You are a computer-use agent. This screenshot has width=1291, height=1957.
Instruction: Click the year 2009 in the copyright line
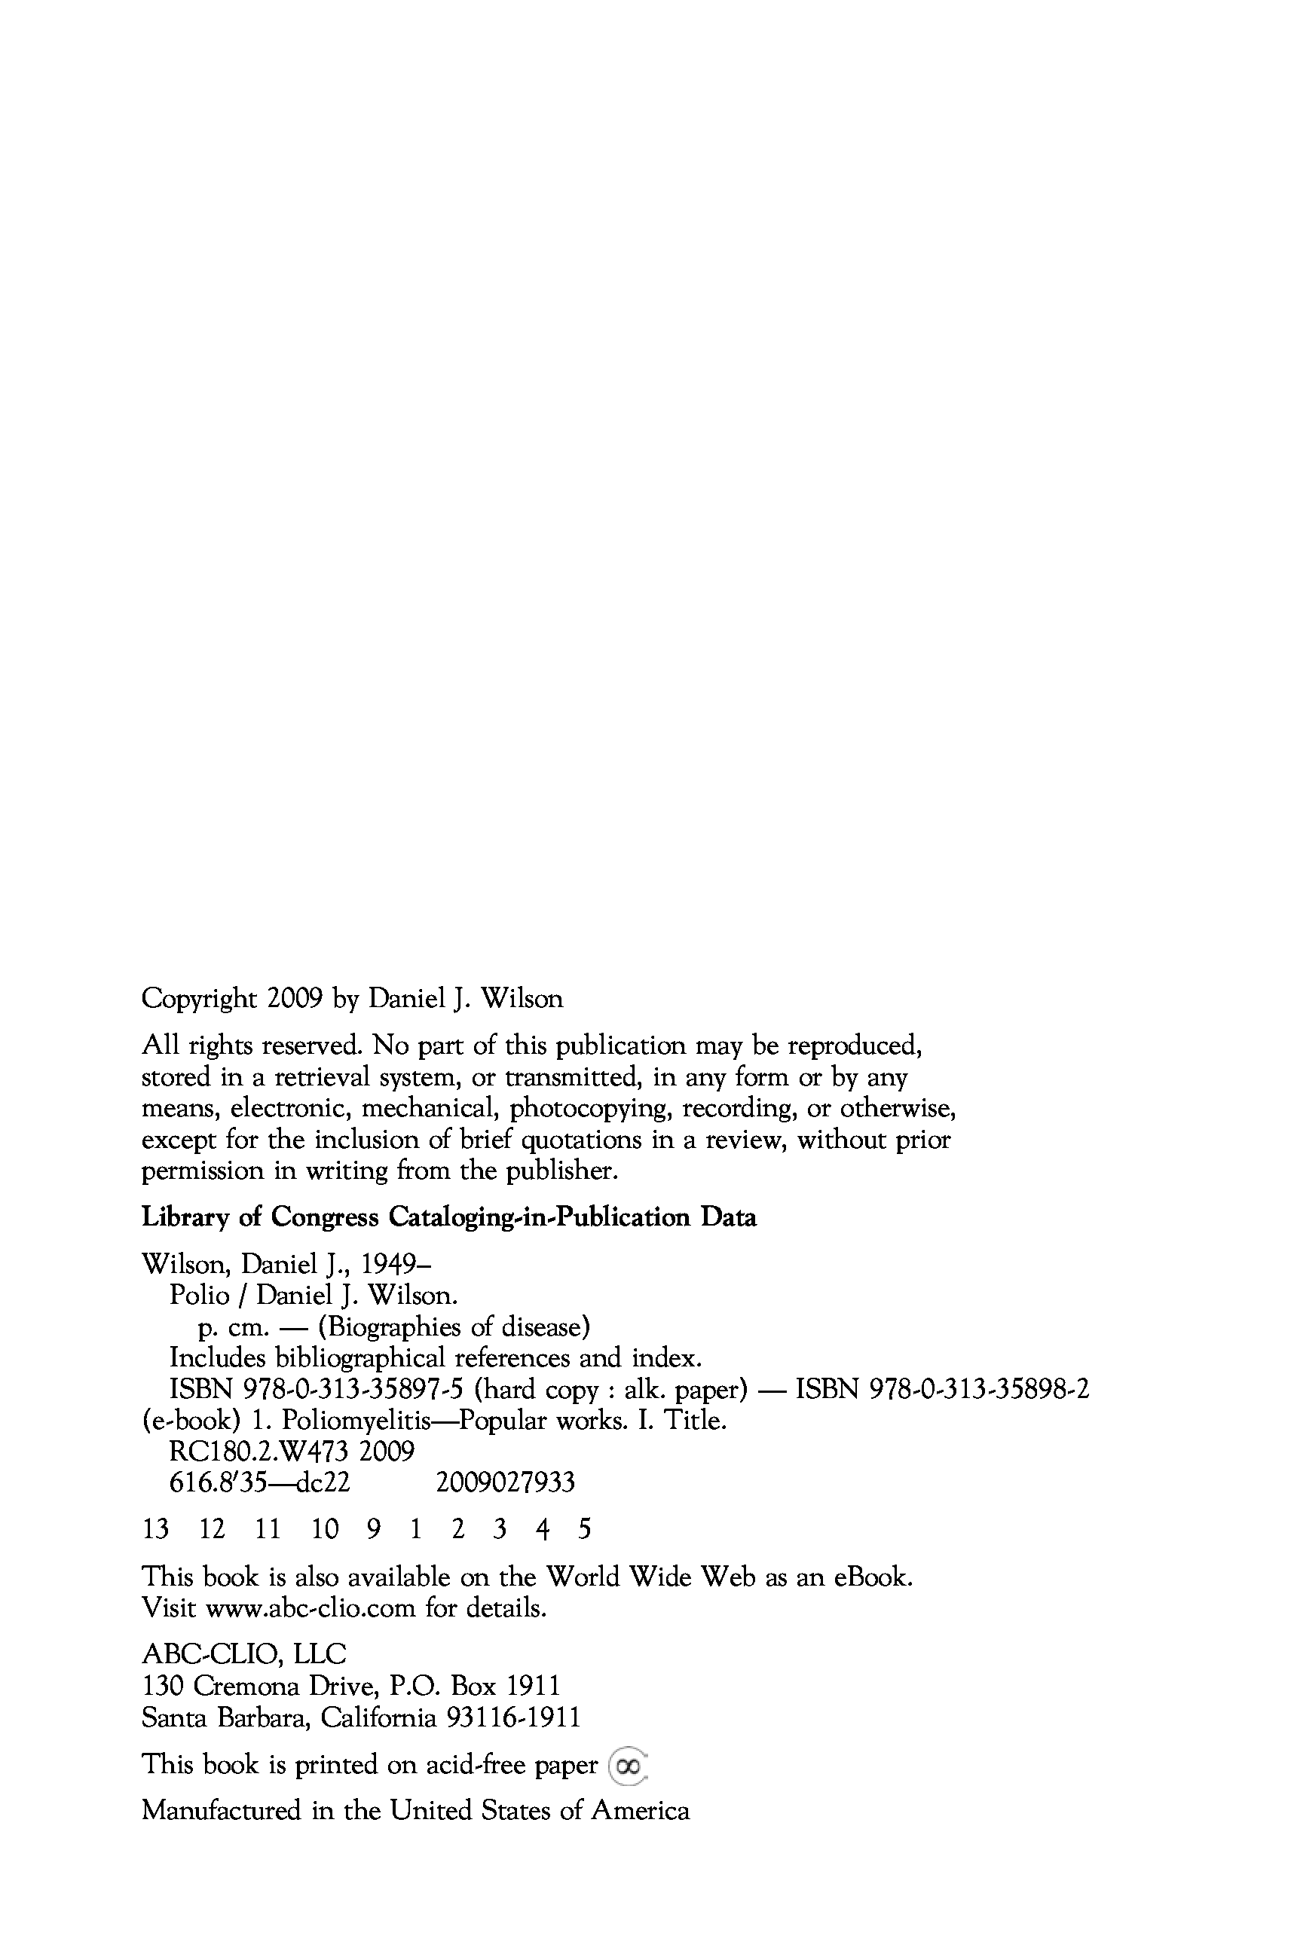(x=294, y=998)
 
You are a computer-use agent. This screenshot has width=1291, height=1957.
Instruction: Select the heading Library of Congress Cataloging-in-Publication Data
(x=448, y=1217)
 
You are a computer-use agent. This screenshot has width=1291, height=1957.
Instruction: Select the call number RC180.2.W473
(x=259, y=1452)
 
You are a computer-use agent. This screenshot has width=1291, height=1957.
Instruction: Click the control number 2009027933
(x=506, y=1483)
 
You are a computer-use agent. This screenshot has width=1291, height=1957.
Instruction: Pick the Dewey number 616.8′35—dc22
(x=260, y=1483)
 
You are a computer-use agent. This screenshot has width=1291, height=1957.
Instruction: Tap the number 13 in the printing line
(x=155, y=1530)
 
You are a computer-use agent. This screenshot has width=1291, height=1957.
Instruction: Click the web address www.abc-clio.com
(x=311, y=1608)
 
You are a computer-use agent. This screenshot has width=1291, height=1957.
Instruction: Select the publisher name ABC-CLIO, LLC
(x=244, y=1654)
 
